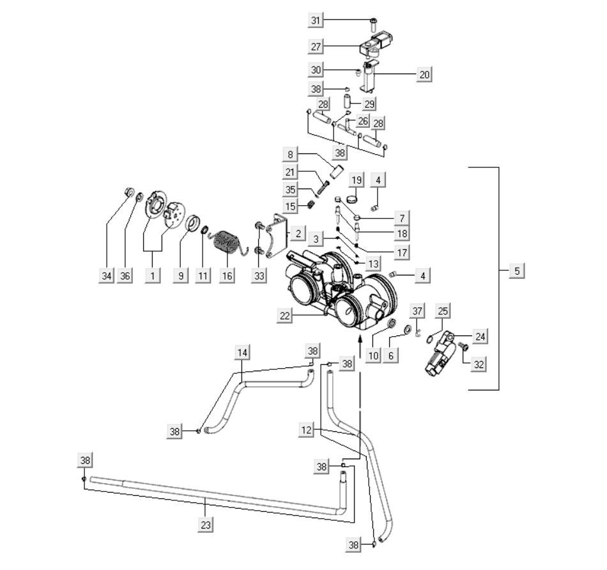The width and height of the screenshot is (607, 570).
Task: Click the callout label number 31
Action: click(315, 21)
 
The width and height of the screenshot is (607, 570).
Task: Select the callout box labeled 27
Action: click(315, 47)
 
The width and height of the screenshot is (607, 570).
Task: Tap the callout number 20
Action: click(424, 75)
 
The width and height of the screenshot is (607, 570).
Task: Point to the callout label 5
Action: click(517, 271)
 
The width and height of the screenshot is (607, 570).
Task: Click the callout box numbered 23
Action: click(204, 524)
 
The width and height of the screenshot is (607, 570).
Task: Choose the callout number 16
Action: click(226, 275)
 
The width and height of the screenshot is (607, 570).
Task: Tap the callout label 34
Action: click(106, 275)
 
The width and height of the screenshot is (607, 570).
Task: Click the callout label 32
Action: click(478, 365)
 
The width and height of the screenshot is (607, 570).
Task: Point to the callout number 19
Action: click(357, 180)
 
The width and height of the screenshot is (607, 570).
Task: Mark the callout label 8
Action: click(291, 154)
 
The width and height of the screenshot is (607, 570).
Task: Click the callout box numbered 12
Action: click(307, 430)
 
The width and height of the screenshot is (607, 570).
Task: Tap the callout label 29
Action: click(369, 103)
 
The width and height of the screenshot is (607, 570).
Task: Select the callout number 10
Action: click(373, 355)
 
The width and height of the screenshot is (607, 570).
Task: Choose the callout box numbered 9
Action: click(181, 275)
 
